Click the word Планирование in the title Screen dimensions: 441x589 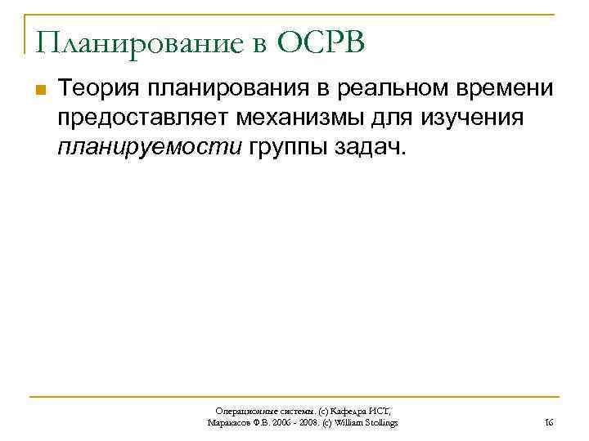[133, 42]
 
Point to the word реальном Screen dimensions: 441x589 [380, 87]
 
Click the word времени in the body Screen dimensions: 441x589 [501, 87]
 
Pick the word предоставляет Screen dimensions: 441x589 [143, 118]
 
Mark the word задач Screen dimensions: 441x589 [362, 149]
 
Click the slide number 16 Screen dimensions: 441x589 [549, 422]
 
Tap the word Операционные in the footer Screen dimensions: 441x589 [244, 411]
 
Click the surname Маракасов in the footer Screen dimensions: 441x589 [232, 422]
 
